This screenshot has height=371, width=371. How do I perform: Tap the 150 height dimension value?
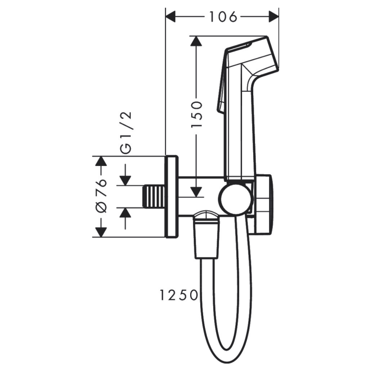point(197,114)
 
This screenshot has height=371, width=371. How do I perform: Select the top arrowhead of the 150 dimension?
point(197,41)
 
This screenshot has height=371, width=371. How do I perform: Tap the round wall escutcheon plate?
point(171,197)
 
